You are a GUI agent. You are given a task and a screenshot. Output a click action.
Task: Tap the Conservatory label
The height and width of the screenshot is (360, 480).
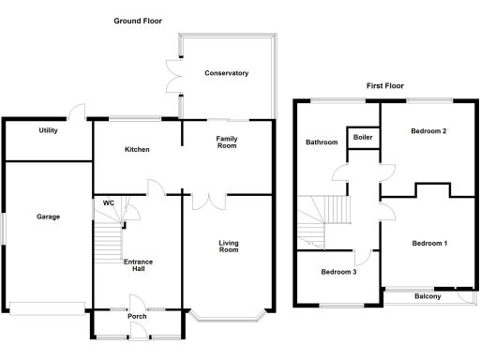(x=228, y=73)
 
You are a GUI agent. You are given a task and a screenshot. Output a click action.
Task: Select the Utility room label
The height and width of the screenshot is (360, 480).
(x=48, y=130)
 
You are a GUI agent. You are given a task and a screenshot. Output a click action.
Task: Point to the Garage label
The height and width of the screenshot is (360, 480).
(x=48, y=217)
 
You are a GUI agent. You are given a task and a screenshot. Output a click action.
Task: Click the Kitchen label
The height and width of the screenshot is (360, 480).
(x=137, y=150)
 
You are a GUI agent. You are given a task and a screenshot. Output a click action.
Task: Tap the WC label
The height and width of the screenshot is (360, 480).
(x=109, y=202)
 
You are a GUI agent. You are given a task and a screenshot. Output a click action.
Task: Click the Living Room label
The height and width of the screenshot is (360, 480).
(x=229, y=247)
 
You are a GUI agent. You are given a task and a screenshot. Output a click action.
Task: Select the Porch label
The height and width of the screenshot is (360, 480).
(x=137, y=316)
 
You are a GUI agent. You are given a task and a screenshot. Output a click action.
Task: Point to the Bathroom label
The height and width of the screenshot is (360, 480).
(x=321, y=142)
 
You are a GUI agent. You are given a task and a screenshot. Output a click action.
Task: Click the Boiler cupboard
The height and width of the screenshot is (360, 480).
(x=362, y=138)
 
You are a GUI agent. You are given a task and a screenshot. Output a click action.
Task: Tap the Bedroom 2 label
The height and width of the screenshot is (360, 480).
(x=427, y=131)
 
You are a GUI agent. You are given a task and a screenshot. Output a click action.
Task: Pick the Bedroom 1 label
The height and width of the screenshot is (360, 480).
(x=428, y=244)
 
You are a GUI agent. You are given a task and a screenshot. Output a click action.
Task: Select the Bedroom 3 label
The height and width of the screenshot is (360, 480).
(x=338, y=273)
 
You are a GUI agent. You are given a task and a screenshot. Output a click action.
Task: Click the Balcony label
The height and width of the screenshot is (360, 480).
(x=427, y=296)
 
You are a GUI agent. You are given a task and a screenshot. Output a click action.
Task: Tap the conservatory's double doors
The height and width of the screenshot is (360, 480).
(x=172, y=76)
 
